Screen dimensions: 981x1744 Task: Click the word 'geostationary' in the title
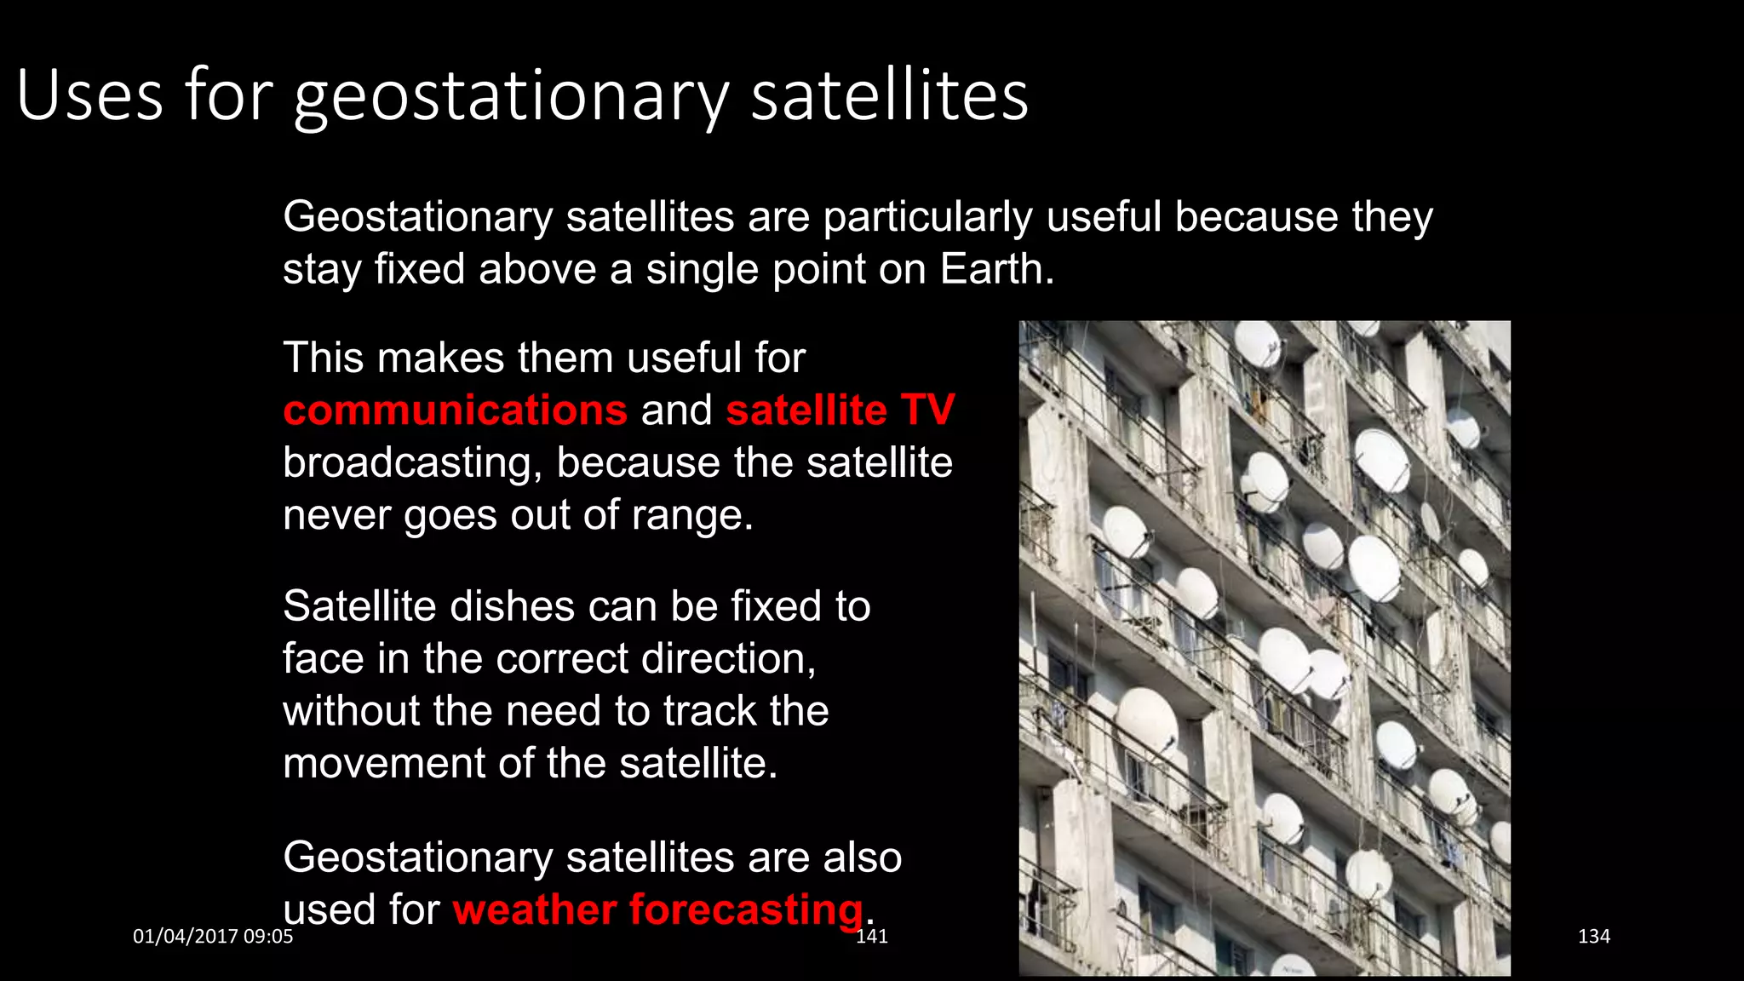(x=511, y=97)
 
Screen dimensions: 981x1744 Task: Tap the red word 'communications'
(x=455, y=410)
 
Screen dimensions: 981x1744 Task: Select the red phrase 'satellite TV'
(x=840, y=410)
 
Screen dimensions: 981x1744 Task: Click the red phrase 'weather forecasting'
(x=657, y=909)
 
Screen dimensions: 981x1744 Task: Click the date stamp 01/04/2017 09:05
(x=213, y=937)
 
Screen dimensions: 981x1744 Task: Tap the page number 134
(x=1593, y=937)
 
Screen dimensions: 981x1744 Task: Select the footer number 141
(x=872, y=937)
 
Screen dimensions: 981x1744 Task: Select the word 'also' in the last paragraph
(x=862, y=858)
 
